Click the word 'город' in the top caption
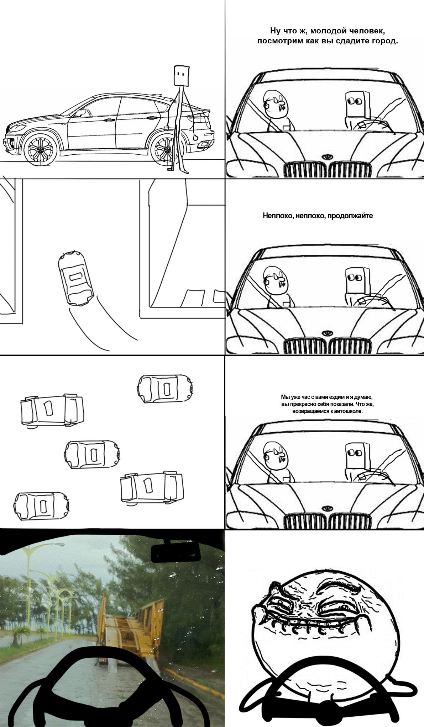tap(384, 41)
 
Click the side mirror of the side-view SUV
tap(80, 113)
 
